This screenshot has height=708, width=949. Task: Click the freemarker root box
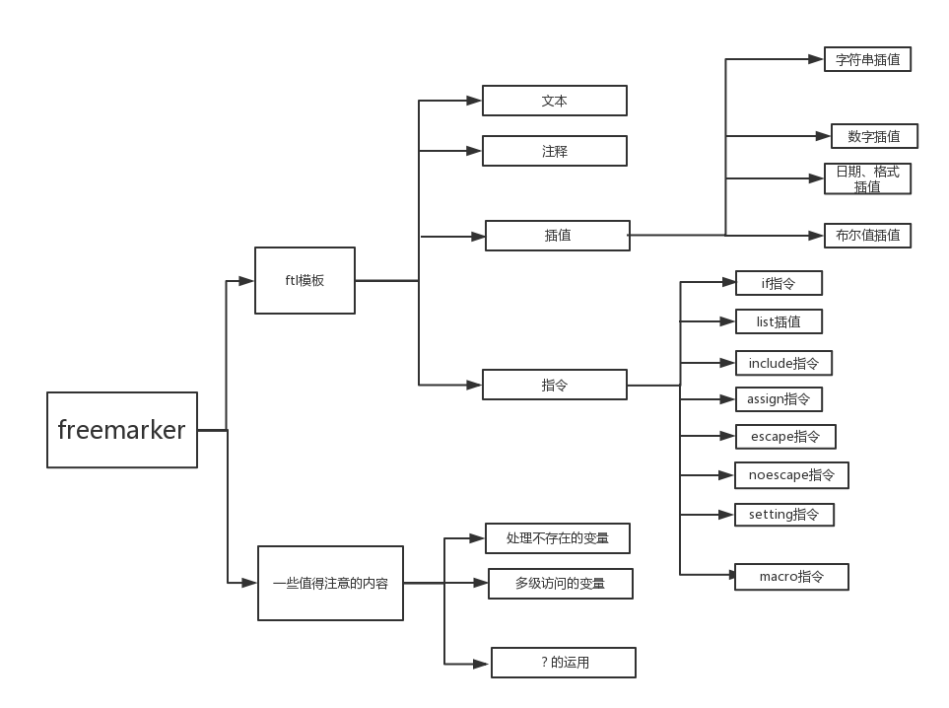[x=122, y=430]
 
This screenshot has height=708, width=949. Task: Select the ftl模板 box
[x=305, y=280]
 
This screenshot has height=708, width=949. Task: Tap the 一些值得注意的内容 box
[x=330, y=583]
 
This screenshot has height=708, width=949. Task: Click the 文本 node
[x=554, y=101]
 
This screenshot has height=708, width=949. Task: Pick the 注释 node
[x=554, y=151]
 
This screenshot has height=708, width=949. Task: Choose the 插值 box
[x=557, y=236]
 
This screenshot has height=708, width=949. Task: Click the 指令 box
[x=554, y=385]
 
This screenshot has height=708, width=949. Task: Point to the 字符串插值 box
[x=867, y=59]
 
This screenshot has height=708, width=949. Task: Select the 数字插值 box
[x=874, y=136]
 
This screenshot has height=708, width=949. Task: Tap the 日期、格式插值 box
[x=867, y=178]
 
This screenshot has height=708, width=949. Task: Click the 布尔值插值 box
[x=867, y=235]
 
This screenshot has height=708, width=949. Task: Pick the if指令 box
[x=779, y=283]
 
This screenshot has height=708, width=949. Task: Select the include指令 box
[x=783, y=363]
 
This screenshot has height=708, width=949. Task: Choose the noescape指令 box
[x=791, y=474]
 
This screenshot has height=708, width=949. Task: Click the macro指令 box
[x=791, y=576]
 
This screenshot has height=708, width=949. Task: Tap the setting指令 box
[x=784, y=514]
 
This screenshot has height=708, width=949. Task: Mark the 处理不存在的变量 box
[x=557, y=538]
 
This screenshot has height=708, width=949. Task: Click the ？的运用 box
[x=564, y=663]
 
